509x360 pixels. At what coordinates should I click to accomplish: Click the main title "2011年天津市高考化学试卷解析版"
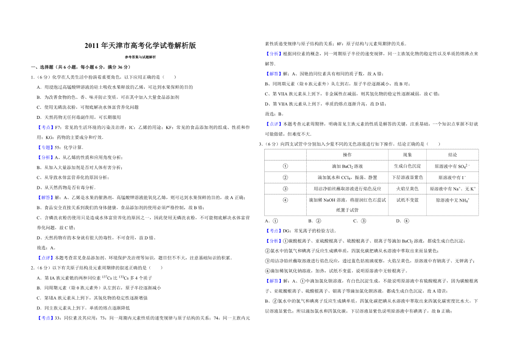click(140, 46)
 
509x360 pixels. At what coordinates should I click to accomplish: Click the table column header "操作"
click(347, 155)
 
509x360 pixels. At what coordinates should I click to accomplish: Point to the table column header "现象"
click(407, 155)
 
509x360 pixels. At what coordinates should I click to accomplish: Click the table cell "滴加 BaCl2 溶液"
click(347, 166)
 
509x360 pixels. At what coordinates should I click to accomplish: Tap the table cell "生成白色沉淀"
click(407, 166)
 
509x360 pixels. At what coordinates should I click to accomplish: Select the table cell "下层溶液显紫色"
click(407, 177)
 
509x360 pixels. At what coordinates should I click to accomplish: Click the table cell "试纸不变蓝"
click(407, 200)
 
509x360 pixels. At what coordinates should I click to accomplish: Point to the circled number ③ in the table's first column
click(285, 188)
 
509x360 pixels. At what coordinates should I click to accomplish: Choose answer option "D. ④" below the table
click(403, 221)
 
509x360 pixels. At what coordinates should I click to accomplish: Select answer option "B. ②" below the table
click(314, 221)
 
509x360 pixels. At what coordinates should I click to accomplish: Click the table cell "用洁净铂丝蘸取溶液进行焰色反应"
click(347, 188)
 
